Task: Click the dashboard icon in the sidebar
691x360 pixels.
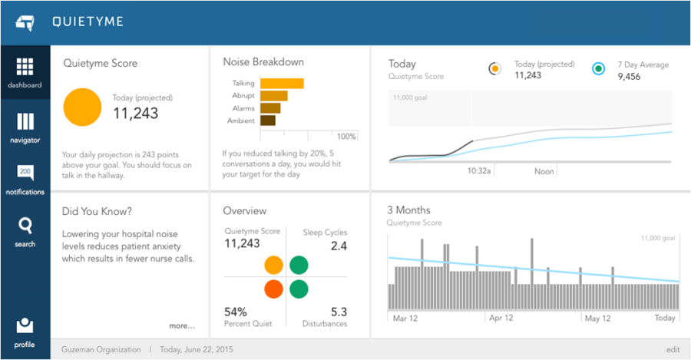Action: click(x=25, y=68)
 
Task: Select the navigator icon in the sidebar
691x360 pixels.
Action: click(x=25, y=122)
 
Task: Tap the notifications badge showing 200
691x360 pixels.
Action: click(x=25, y=173)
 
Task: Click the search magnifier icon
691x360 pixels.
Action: click(x=25, y=226)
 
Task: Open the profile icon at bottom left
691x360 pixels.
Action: click(x=25, y=325)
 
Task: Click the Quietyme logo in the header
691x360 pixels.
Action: click(x=25, y=22)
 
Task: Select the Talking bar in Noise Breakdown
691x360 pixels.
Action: click(x=282, y=84)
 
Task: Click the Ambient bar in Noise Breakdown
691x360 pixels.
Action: click(x=268, y=121)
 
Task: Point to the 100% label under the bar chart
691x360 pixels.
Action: click(x=346, y=137)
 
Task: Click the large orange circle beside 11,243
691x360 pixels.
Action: click(x=81, y=107)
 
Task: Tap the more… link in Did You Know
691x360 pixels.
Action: click(x=182, y=325)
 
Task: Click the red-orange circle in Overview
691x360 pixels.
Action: click(x=273, y=289)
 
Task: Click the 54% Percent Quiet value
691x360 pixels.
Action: click(x=235, y=312)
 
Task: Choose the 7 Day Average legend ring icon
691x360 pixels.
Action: click(x=598, y=69)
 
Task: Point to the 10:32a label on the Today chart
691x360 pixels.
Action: click(x=479, y=171)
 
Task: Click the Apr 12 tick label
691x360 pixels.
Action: click(x=501, y=318)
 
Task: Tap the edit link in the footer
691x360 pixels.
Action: click(x=673, y=349)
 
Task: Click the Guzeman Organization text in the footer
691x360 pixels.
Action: click(x=101, y=349)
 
